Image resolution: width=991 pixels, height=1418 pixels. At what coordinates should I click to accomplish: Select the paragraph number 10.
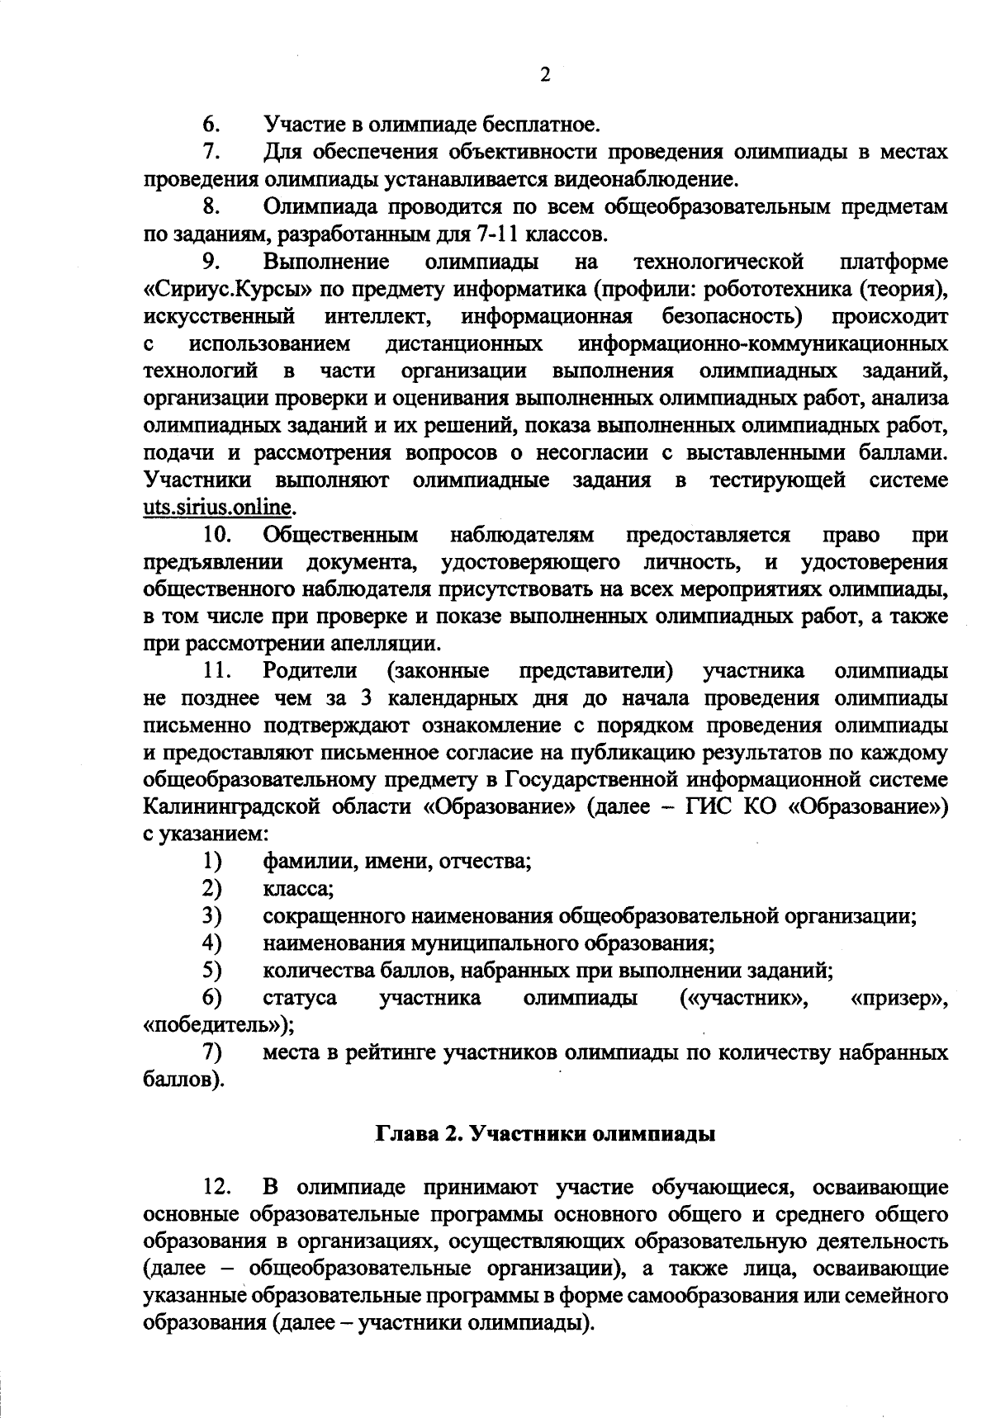pos(217,535)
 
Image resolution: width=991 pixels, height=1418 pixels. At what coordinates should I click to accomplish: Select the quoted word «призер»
pos(898,998)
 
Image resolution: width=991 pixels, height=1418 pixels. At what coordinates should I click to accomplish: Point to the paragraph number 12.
pos(216,1189)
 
